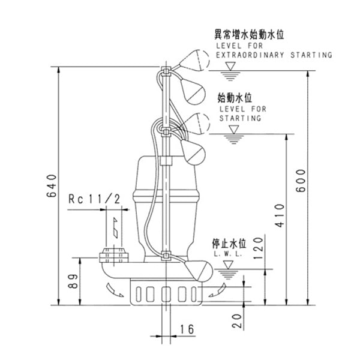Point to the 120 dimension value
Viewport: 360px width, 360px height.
(257, 247)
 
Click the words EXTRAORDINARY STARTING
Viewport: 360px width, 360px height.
(273, 55)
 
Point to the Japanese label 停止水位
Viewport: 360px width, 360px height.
(229, 244)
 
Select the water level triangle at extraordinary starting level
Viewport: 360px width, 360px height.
(227, 75)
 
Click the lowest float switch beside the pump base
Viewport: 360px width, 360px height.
(197, 272)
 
